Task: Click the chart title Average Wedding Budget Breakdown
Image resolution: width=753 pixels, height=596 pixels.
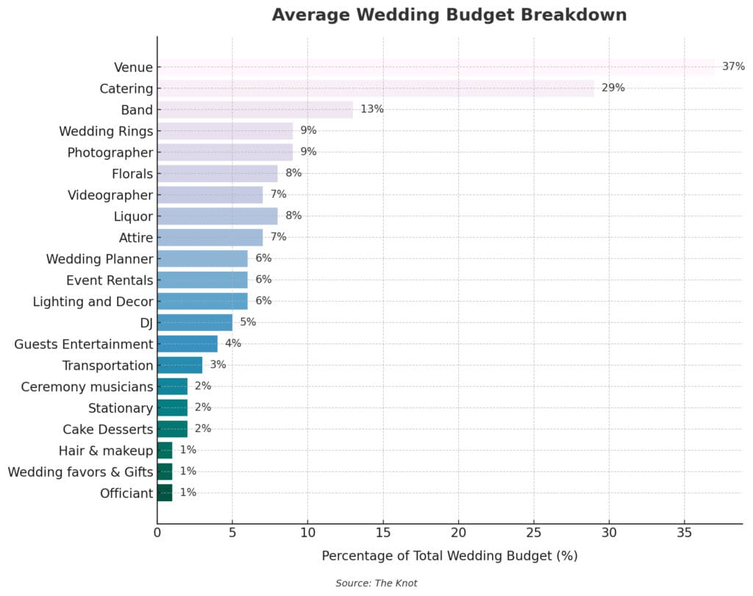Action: coord(449,15)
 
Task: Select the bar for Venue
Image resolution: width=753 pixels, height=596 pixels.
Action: coord(435,67)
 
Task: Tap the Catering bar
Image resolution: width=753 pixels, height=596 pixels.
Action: coord(375,88)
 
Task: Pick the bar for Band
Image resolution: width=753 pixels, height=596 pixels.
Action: coord(254,110)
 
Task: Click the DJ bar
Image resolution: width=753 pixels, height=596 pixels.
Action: coord(194,322)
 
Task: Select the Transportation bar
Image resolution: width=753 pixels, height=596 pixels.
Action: coord(179,365)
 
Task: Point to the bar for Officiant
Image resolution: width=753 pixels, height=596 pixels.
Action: coord(165,493)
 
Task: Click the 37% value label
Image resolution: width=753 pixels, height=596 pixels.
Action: coord(733,67)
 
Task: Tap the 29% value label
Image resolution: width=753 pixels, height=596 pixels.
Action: coord(613,88)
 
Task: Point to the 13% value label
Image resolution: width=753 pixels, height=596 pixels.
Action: coord(371,110)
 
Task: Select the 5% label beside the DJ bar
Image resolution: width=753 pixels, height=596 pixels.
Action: coord(248,322)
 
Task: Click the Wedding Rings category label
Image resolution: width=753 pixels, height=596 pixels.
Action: coord(106,132)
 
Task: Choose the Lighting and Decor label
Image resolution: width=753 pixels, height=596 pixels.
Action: coord(93,302)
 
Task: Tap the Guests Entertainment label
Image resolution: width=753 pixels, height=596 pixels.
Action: coord(83,344)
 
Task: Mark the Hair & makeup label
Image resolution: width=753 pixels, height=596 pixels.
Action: coord(106,451)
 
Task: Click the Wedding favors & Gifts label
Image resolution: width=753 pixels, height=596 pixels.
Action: coord(80,472)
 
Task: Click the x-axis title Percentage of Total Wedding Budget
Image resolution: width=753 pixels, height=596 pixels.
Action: coord(449,556)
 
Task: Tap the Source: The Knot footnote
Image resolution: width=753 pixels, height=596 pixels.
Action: coord(376,583)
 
